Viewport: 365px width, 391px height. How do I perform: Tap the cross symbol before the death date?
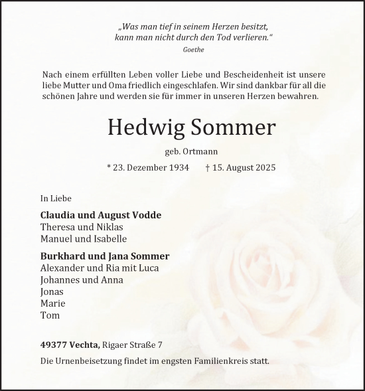[x=209, y=167]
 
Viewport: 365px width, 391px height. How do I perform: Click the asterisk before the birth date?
[x=108, y=167]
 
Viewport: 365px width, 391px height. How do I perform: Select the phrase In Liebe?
[x=56, y=198]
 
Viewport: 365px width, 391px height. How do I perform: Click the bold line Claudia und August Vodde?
[x=101, y=215]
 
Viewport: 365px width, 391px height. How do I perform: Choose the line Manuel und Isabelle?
[x=84, y=238]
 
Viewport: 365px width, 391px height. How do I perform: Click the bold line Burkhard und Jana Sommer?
[x=105, y=256]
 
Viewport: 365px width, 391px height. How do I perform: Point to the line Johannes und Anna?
[x=82, y=279]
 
